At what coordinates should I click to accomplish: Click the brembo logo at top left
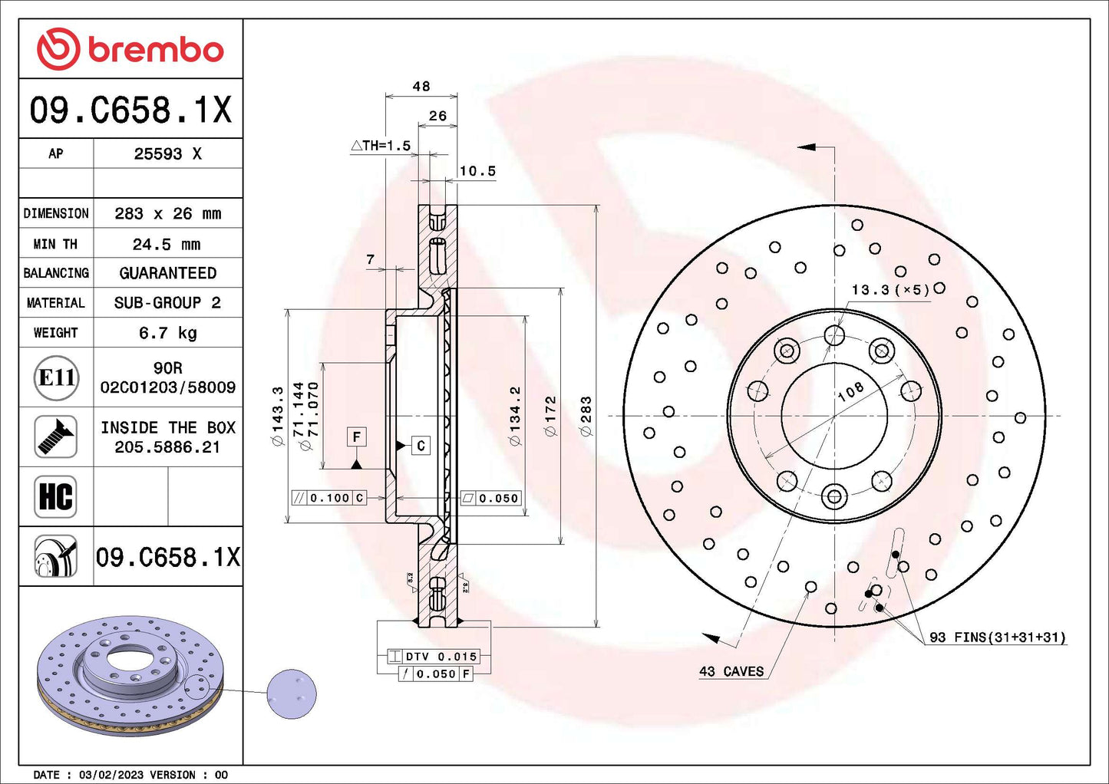pos(130,49)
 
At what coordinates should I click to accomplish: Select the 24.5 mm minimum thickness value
pos(167,244)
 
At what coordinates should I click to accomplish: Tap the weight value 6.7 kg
pos(167,333)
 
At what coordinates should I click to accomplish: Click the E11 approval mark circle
pos(56,377)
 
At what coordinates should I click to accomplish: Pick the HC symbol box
pos(55,496)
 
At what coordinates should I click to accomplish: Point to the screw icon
pos(55,437)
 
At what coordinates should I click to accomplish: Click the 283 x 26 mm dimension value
pos(167,213)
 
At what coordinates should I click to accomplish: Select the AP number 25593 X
pos(167,153)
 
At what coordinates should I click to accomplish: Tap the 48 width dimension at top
pos(421,87)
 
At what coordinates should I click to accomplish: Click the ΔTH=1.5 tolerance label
pos(381,146)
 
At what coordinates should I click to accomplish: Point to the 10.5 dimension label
pos(477,171)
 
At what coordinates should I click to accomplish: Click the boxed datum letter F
pos(356,437)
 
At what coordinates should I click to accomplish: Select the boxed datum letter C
pos(421,446)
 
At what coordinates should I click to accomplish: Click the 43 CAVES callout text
pos(731,671)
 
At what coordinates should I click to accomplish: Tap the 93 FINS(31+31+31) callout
pos(997,637)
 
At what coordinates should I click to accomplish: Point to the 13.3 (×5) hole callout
pos(890,289)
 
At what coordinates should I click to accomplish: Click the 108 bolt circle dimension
pos(850,391)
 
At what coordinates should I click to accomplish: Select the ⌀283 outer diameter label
pos(586,417)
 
